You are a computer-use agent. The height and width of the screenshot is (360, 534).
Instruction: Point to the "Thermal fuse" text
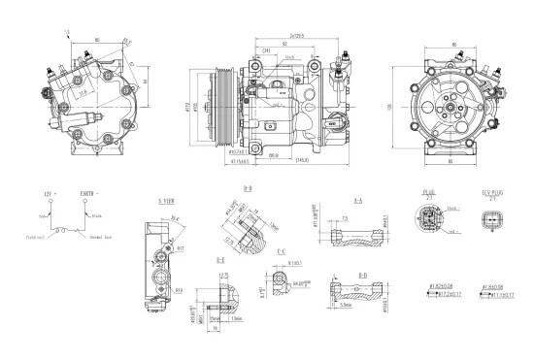103,237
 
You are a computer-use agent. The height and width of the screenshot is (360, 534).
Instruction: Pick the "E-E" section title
220,261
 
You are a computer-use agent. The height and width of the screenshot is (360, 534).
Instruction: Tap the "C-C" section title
281,252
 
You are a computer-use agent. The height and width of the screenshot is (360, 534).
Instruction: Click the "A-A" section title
357,200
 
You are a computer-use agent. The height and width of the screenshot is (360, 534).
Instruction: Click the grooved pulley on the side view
222,102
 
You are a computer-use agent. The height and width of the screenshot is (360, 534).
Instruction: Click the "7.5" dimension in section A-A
346,218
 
